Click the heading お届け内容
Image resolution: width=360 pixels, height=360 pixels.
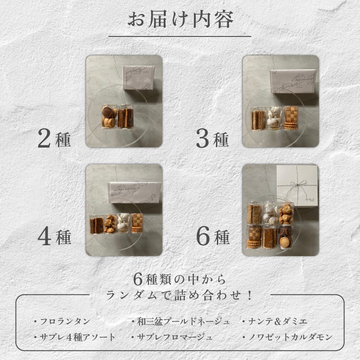(x=180, y=20)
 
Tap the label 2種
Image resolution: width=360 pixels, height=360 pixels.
(x=54, y=138)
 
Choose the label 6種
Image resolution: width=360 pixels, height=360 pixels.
(x=213, y=237)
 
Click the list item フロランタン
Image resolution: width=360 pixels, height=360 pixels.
(x=62, y=321)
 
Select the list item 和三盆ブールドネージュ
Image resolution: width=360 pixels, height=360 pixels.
(x=180, y=321)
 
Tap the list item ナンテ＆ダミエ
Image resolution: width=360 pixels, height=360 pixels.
(x=274, y=321)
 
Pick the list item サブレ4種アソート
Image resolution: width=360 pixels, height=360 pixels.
(x=74, y=337)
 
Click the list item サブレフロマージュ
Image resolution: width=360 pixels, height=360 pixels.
(x=172, y=337)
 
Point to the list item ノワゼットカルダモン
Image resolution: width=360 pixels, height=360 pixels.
(x=288, y=337)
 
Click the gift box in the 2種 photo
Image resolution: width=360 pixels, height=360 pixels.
(x=139, y=77)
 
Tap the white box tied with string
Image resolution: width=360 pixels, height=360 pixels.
(x=297, y=185)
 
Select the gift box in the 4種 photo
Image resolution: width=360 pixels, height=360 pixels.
(x=135, y=193)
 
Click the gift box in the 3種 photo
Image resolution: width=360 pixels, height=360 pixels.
(x=293, y=81)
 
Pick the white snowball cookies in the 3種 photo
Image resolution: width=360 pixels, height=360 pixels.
(x=274, y=118)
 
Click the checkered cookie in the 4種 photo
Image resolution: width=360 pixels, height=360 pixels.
(x=137, y=220)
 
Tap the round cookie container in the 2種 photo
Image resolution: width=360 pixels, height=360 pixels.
(x=109, y=117)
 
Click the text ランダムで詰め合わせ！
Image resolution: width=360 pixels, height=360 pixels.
(x=180, y=295)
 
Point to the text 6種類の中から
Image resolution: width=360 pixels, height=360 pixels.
(x=180, y=279)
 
